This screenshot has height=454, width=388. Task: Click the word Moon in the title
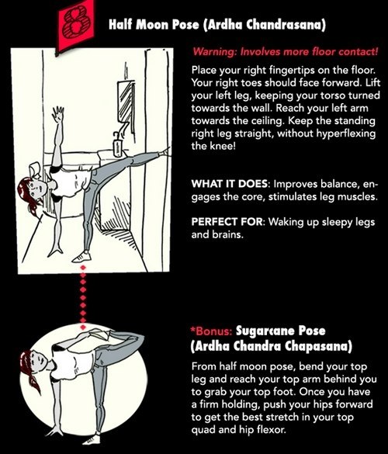click(x=153, y=25)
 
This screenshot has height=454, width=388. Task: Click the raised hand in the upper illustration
click(x=58, y=114)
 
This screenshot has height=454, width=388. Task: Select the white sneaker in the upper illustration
click(x=82, y=257)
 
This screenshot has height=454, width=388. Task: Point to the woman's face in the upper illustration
click(x=39, y=189)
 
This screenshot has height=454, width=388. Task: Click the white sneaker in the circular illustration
click(x=91, y=440)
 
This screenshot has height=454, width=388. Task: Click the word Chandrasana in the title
click(x=284, y=25)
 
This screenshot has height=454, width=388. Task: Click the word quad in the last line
click(x=203, y=430)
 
